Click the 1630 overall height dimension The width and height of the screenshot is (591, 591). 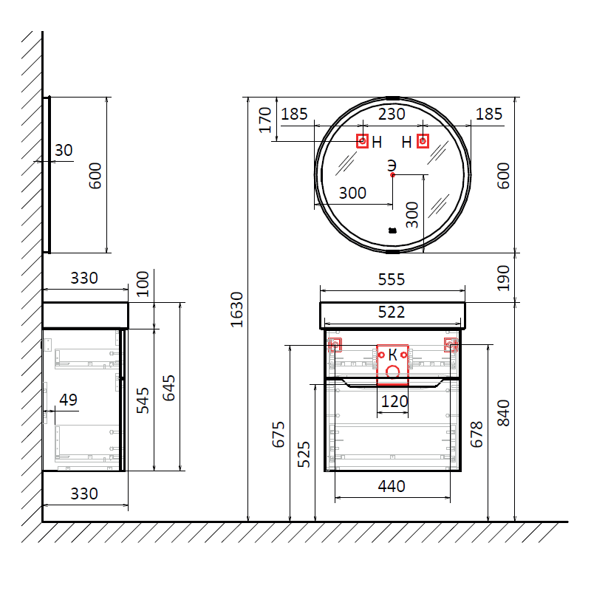(236, 310)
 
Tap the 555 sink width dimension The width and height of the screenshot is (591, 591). (392, 280)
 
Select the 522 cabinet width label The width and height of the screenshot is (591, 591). (392, 312)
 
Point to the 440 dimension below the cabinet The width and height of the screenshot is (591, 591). (392, 486)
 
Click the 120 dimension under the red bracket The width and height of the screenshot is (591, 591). (394, 401)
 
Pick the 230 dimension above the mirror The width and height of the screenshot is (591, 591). (392, 115)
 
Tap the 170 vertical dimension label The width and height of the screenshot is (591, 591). (265, 120)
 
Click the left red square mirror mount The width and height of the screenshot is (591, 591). (363, 141)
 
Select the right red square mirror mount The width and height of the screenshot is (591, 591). (423, 141)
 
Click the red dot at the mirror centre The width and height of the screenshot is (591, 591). (393, 175)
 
